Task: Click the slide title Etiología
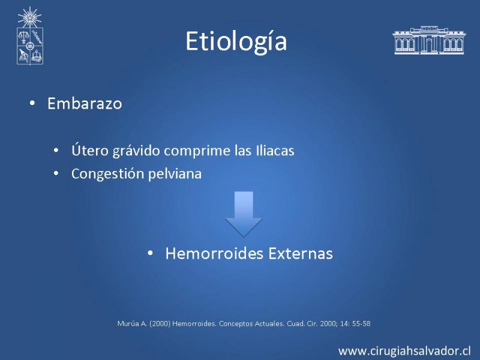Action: (236, 42)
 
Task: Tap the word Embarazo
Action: (85, 103)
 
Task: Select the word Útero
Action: (90, 150)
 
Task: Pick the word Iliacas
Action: (275, 151)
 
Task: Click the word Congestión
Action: (108, 174)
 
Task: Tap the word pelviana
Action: (175, 174)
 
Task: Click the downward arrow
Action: (244, 214)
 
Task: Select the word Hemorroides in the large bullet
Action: (214, 253)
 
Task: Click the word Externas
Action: (301, 253)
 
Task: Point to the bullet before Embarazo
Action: (32, 103)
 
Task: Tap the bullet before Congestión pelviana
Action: (56, 173)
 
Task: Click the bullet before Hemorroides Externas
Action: (150, 253)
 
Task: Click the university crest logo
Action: (29, 36)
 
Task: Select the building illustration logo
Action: (428, 40)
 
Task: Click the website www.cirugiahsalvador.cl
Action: (404, 350)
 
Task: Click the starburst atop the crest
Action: (29, 17)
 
